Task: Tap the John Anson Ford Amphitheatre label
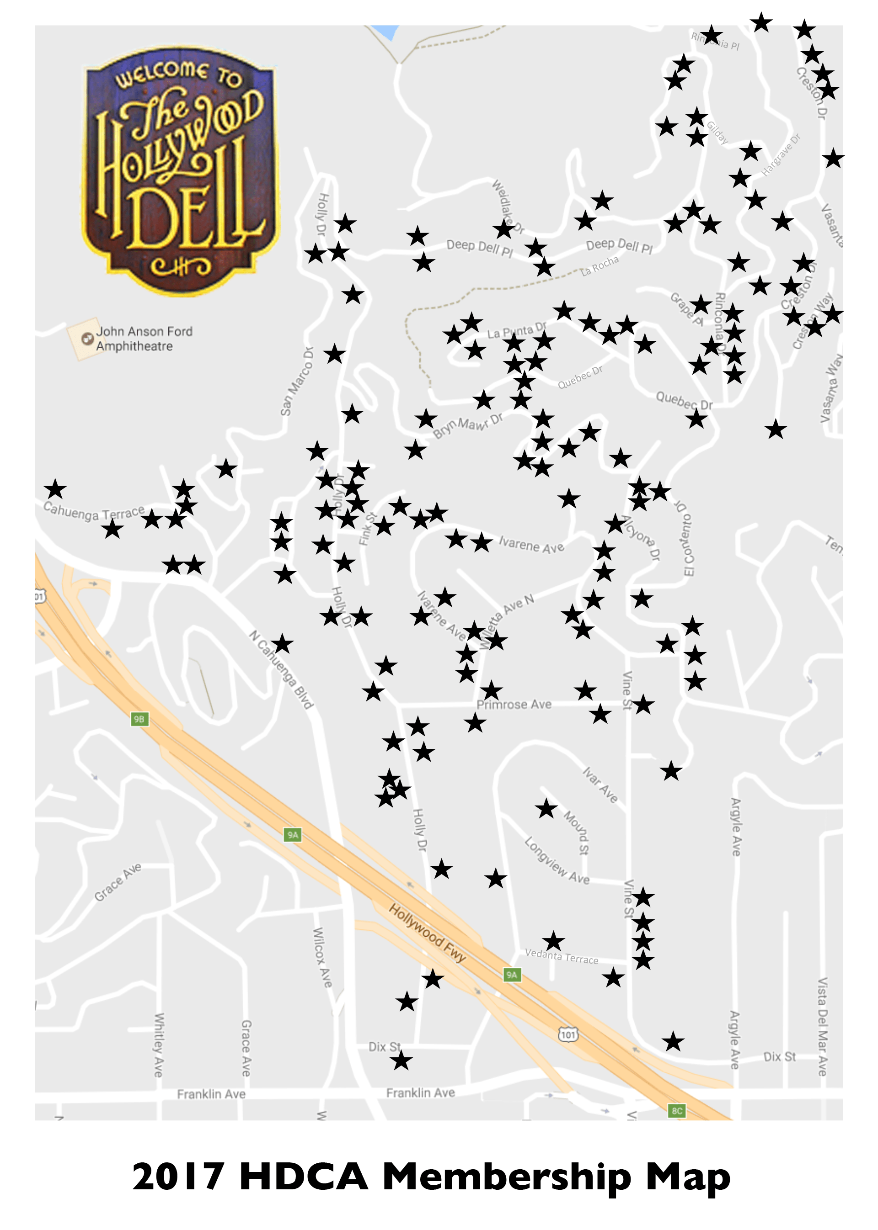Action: pos(144,339)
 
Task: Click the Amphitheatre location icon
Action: pos(86,339)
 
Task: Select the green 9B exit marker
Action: pos(139,719)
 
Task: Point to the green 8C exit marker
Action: pos(677,1111)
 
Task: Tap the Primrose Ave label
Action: pos(514,705)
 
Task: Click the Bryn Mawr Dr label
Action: pos(468,425)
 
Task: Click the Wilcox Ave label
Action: pos(322,957)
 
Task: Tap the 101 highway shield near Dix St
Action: pos(567,1034)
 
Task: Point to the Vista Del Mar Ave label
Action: pos(822,1026)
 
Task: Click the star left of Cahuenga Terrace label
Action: pos(55,489)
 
